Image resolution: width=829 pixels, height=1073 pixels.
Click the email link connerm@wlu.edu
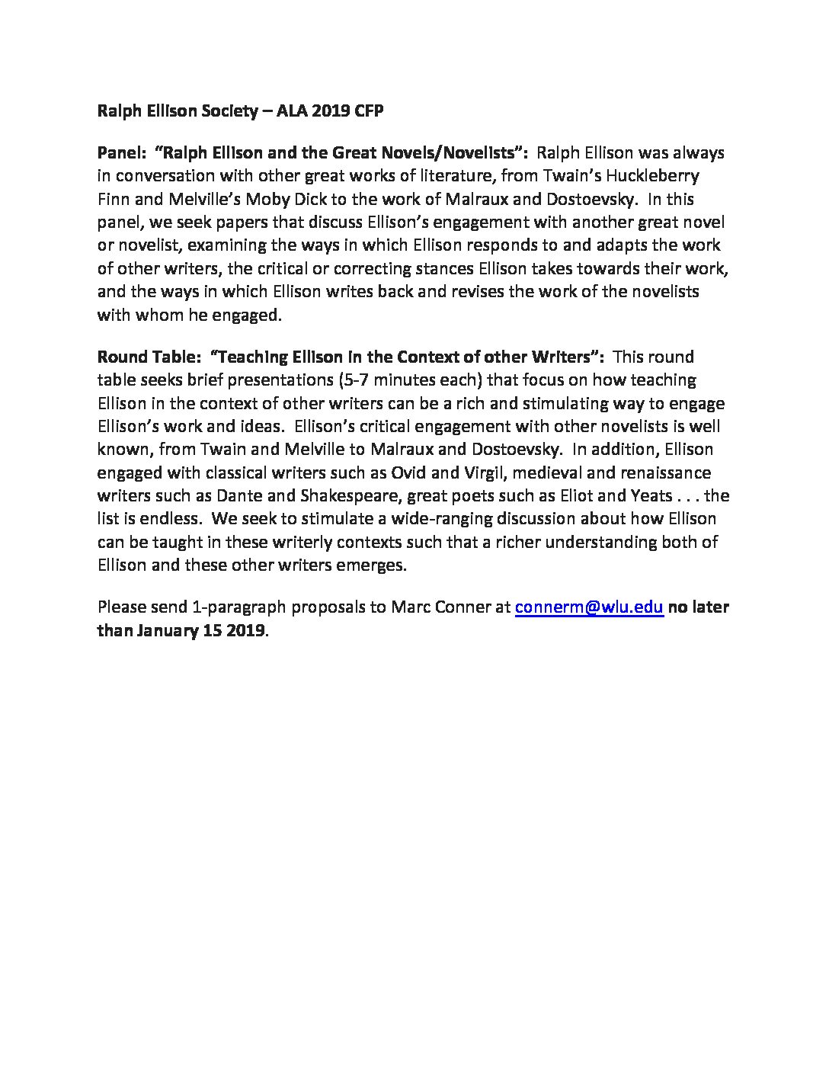click(590, 607)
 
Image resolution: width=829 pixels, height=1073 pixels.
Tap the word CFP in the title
click(367, 112)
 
